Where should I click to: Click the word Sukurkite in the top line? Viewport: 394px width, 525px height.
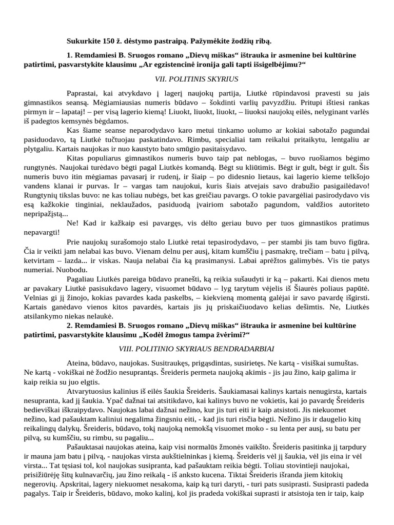coord(84,41)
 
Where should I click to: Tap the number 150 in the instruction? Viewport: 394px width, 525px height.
coord(110,41)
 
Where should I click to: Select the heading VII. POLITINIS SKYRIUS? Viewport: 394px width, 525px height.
coord(197,79)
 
